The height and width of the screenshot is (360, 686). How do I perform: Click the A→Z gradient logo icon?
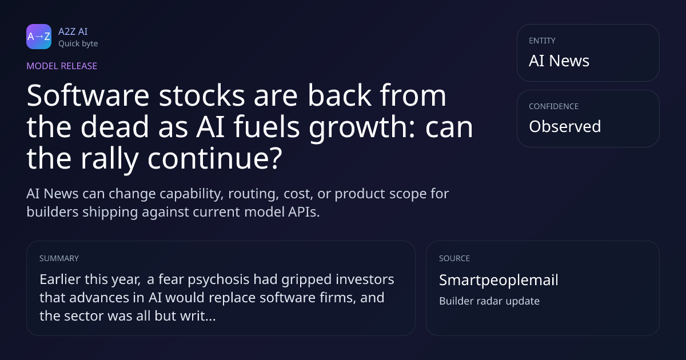pyautogui.click(x=39, y=37)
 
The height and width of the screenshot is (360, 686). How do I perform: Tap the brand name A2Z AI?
pyautogui.click(x=73, y=31)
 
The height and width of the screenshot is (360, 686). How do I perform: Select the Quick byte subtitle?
pyautogui.click(x=78, y=44)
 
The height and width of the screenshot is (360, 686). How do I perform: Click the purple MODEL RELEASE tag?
pyautogui.click(x=62, y=66)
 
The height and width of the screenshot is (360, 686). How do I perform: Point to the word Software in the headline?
pyautogui.click(x=88, y=95)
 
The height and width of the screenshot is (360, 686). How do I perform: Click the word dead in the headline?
pyautogui.click(x=114, y=127)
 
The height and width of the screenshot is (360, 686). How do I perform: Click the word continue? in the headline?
pyautogui.click(x=215, y=158)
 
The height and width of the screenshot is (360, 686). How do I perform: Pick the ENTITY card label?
pyautogui.click(x=542, y=41)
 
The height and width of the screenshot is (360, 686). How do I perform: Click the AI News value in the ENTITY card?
pyautogui.click(x=559, y=61)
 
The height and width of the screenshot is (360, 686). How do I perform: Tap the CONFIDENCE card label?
pyautogui.click(x=554, y=106)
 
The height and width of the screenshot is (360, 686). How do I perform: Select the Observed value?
pyautogui.click(x=565, y=126)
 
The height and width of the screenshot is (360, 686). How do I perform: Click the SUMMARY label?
pyautogui.click(x=59, y=258)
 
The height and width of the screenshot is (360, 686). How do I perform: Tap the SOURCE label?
pyautogui.click(x=454, y=258)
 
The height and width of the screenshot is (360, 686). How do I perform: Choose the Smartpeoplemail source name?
pyautogui.click(x=498, y=281)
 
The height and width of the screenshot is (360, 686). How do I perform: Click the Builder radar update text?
pyautogui.click(x=489, y=301)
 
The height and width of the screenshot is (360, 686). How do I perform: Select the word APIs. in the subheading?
pyautogui.click(x=304, y=212)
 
